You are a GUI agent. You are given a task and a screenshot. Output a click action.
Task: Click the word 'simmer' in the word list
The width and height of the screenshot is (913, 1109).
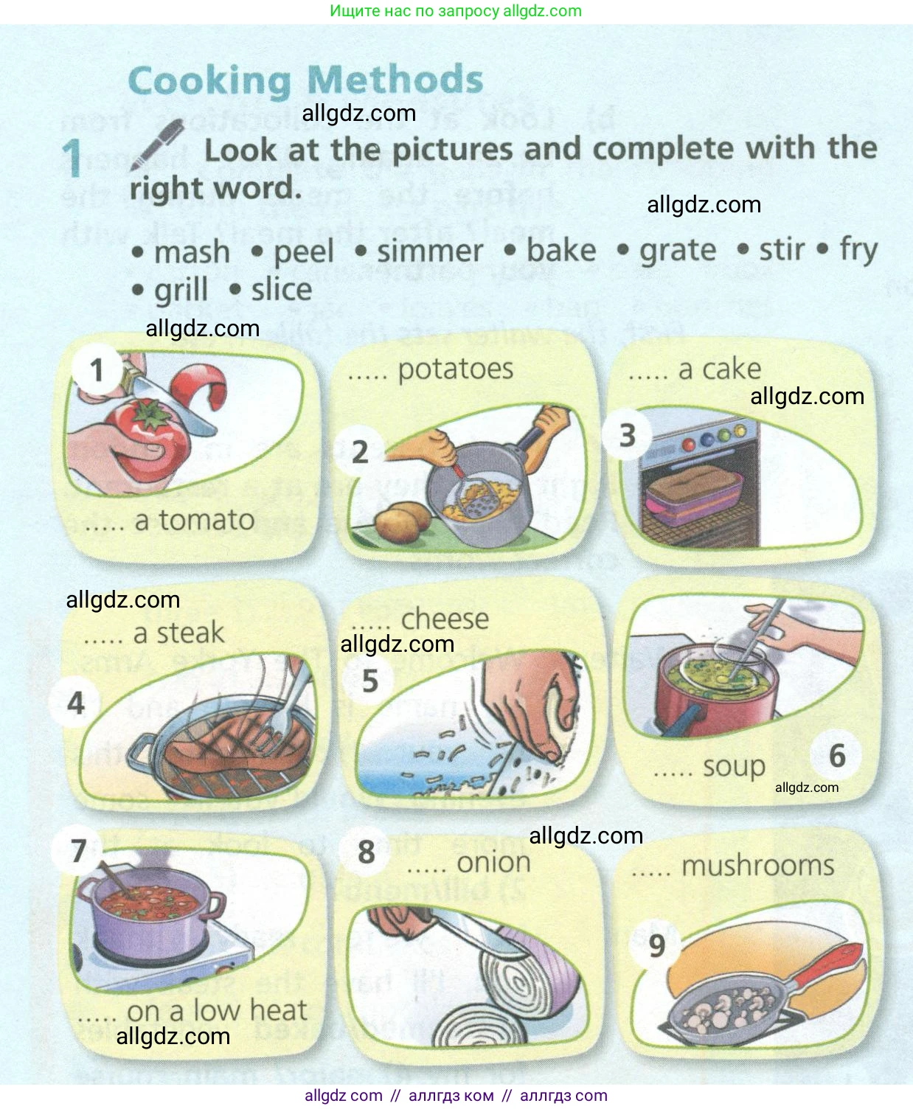click(x=430, y=251)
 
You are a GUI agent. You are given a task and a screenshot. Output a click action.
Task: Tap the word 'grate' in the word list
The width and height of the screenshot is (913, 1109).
click(x=678, y=251)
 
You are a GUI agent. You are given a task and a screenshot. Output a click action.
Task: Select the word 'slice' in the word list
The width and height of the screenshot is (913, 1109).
click(x=282, y=289)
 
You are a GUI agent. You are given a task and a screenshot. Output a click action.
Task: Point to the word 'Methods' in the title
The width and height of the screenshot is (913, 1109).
click(x=395, y=80)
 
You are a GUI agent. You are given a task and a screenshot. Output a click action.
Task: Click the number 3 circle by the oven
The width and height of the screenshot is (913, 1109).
click(x=628, y=435)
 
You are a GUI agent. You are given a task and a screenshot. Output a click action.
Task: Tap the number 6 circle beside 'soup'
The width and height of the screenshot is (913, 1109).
click(x=837, y=756)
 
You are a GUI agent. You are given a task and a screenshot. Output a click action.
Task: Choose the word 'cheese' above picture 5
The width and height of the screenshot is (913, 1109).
click(x=445, y=619)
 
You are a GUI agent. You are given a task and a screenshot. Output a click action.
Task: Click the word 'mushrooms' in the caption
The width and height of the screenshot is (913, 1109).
click(x=758, y=866)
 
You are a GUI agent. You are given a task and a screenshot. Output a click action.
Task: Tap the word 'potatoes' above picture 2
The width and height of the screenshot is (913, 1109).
click(x=456, y=369)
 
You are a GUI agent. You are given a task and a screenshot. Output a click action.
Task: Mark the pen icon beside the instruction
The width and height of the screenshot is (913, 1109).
click(x=157, y=144)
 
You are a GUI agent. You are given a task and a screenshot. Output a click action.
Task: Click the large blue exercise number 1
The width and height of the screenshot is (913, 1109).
click(x=72, y=159)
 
